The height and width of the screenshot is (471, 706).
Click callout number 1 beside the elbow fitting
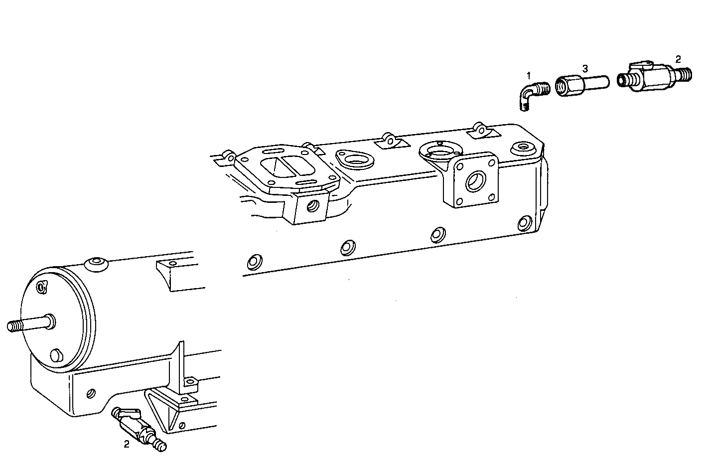tap(529, 75)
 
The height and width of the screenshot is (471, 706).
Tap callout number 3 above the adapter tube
tap(585, 68)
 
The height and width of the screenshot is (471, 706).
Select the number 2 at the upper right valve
tap(678, 59)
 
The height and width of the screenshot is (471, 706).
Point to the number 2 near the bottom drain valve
tap(127, 444)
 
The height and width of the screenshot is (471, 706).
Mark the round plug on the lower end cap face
tap(56, 355)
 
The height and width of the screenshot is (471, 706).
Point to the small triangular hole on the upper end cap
tap(42, 287)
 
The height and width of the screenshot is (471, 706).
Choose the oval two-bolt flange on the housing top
tap(355, 160)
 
